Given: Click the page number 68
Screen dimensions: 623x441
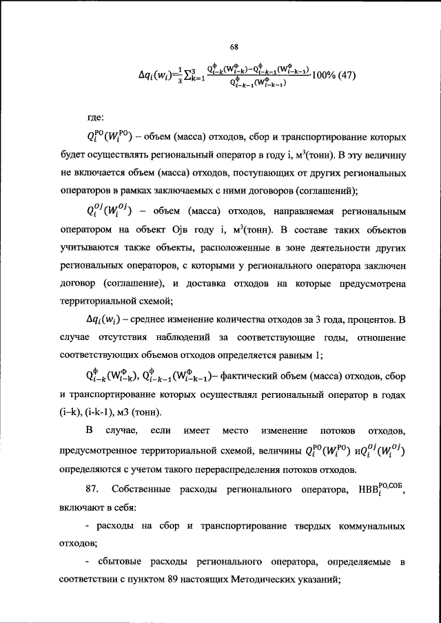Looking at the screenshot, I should (x=234, y=47).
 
